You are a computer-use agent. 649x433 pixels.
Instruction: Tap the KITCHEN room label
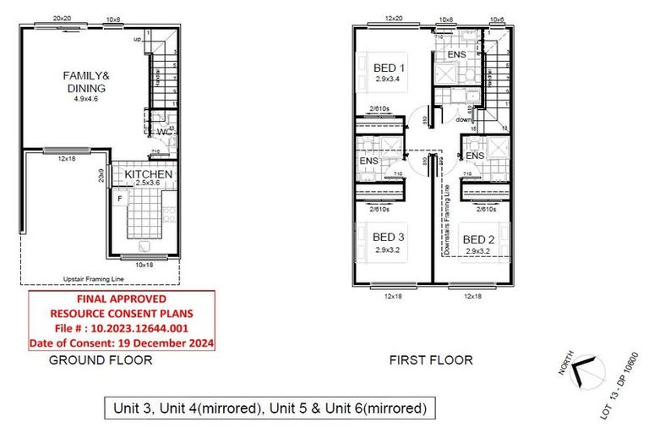(x=149, y=174)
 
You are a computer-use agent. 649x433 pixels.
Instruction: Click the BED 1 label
(x=390, y=68)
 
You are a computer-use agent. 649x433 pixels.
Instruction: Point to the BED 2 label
(x=478, y=239)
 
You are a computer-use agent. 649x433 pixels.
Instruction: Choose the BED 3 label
(x=390, y=238)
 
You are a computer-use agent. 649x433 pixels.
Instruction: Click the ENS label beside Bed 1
(x=456, y=55)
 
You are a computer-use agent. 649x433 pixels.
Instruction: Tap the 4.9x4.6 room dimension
(x=86, y=99)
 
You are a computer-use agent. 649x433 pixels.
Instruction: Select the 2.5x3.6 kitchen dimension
(x=148, y=184)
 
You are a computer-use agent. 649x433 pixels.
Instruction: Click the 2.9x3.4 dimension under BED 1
(x=390, y=79)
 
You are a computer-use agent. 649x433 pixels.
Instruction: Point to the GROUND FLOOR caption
(x=101, y=360)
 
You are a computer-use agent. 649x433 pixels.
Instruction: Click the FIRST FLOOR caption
(x=431, y=360)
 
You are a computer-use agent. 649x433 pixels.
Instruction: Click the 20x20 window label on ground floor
(x=61, y=18)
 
